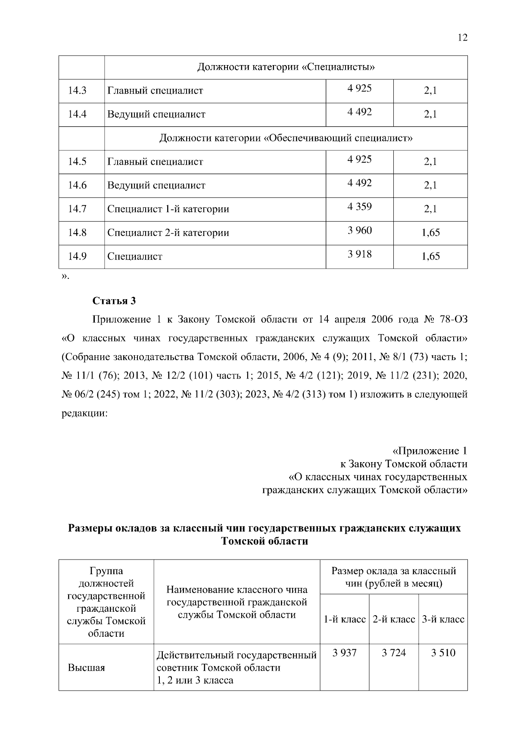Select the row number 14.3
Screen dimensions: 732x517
coord(77,91)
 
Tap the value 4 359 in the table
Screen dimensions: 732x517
coord(359,207)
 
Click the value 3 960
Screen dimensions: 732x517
coord(359,231)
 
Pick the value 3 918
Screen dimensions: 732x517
coord(359,254)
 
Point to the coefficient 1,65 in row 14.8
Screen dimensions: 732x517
coord(430,233)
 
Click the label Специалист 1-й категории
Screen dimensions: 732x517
coord(168,210)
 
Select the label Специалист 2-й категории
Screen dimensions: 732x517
coord(168,233)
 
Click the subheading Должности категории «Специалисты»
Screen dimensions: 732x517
coord(286,68)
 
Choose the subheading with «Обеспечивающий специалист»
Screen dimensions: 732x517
coord(286,138)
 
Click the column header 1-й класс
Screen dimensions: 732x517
coord(344,619)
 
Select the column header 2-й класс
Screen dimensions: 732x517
coord(394,619)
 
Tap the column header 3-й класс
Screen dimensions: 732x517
coord(443,619)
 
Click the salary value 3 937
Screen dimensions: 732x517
coord(344,653)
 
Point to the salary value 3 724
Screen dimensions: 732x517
coord(394,653)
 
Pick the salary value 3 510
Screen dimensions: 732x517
coord(443,653)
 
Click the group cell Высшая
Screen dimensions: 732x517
coord(86,668)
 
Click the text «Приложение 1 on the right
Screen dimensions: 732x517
coord(429,451)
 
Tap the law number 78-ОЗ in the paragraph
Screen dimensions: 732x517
coord(453,320)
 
